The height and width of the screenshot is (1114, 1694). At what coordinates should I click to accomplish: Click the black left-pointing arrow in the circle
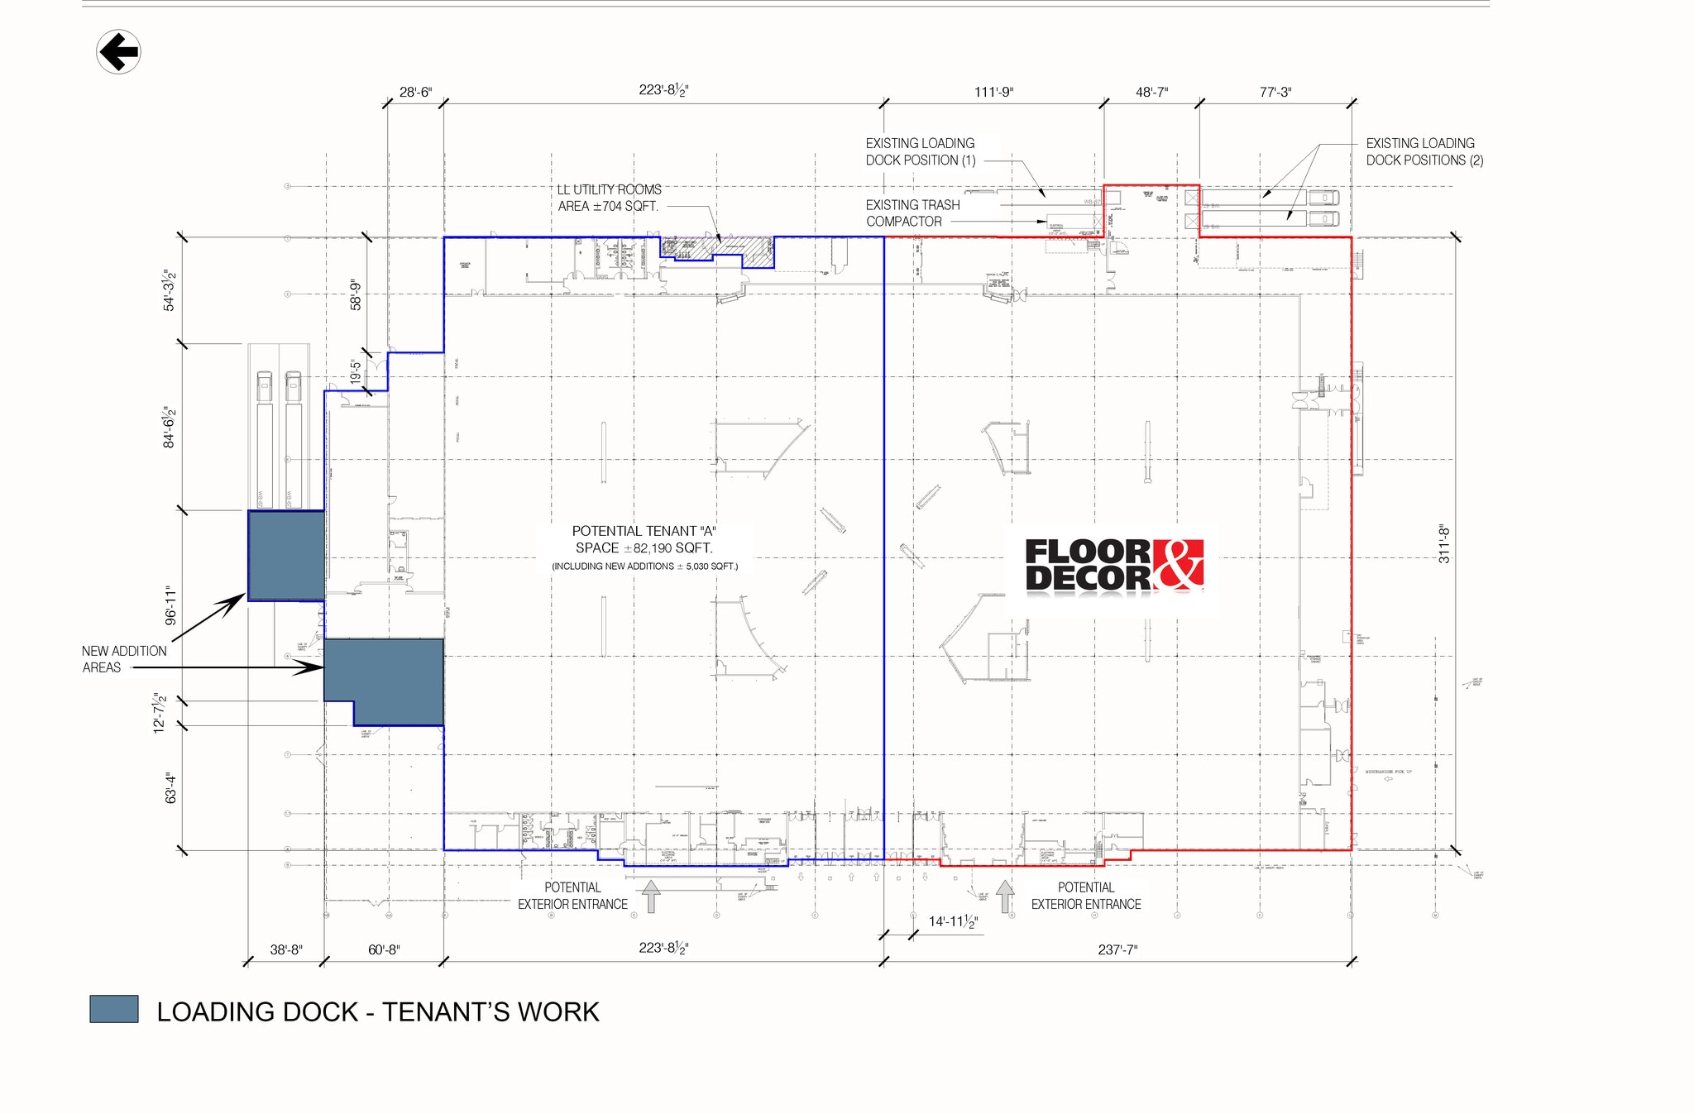118,52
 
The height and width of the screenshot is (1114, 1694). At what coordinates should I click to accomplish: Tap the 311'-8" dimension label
1444,543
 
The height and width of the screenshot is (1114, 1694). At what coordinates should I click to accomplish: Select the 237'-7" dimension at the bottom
1117,949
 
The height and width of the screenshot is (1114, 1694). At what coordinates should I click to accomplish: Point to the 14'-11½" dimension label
953,921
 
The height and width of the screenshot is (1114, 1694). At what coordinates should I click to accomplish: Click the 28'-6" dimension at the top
415,92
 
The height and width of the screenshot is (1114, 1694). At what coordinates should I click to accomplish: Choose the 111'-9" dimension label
993,92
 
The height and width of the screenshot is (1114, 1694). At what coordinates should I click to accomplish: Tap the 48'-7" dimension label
1151,92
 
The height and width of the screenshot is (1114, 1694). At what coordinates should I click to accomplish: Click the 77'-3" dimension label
1275,92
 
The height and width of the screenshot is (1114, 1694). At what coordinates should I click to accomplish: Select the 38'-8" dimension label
286,949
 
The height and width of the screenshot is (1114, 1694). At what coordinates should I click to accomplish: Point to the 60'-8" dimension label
384,949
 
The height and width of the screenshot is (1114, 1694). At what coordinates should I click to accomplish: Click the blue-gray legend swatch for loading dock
114,1009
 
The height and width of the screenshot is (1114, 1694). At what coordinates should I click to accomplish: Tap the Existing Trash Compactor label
912,213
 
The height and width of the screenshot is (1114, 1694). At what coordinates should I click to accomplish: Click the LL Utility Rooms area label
609,198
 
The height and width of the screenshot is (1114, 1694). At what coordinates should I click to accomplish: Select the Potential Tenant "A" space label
644,540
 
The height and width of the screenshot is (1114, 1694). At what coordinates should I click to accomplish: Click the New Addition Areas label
123,659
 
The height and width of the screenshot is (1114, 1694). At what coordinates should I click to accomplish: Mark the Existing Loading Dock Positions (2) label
1424,151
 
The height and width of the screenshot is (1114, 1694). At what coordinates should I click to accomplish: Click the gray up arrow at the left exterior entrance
651,896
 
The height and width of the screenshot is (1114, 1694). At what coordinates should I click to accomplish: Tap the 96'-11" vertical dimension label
170,605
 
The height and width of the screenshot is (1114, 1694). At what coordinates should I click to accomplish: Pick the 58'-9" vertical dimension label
356,294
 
